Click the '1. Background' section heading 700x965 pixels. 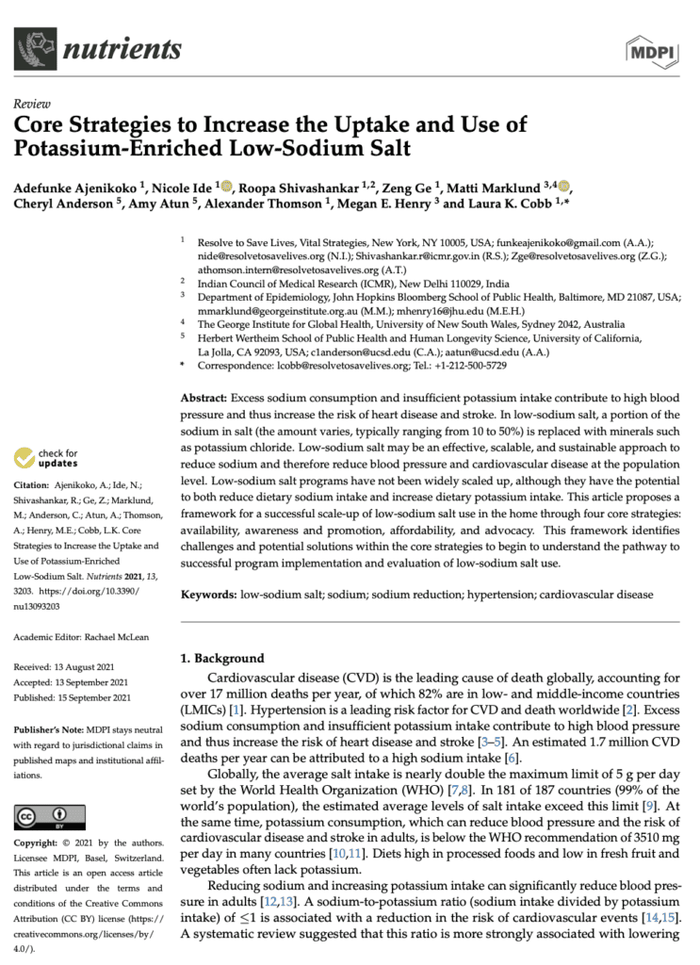(x=223, y=658)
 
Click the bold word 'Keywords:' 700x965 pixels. (x=208, y=596)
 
